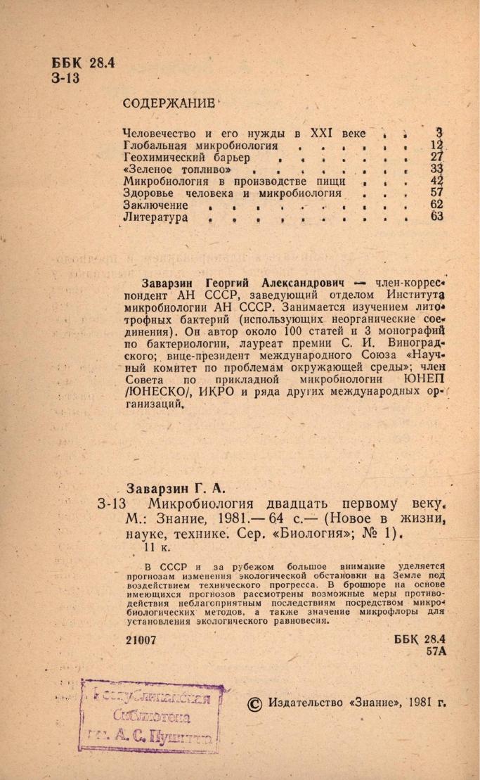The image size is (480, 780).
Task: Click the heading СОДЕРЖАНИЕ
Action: [x=168, y=103]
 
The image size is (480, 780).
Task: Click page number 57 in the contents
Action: [x=437, y=192]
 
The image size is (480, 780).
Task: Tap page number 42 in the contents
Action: [x=437, y=180]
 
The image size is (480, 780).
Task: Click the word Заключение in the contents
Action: [x=156, y=205]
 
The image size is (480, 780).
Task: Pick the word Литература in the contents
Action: [x=155, y=217]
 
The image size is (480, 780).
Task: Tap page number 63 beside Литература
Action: [x=437, y=217]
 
